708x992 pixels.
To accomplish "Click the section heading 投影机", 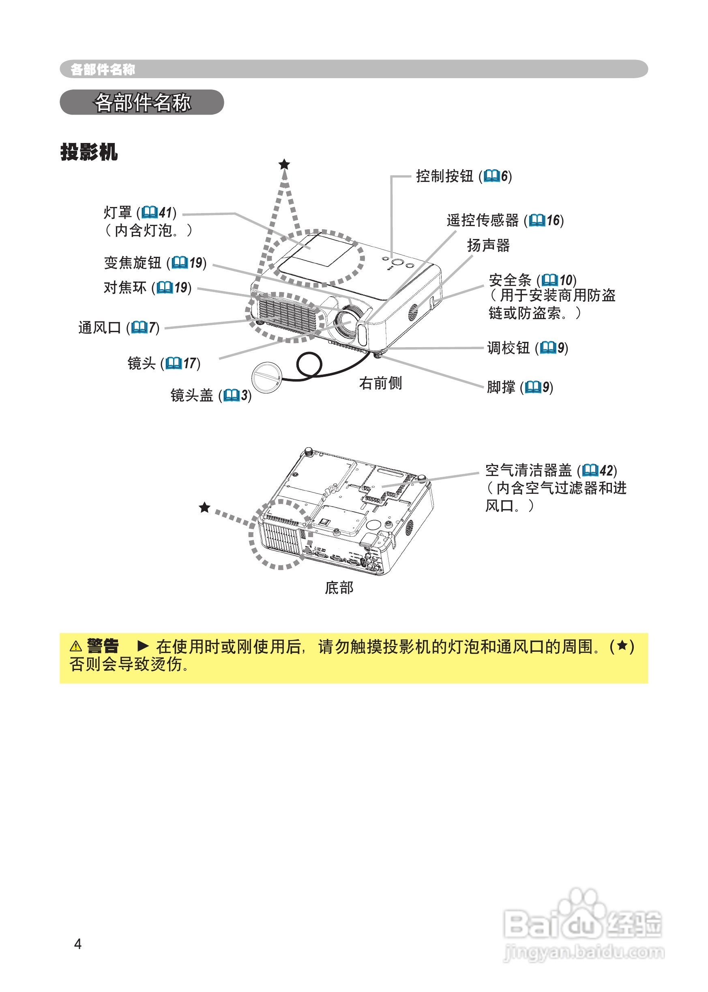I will (89, 152).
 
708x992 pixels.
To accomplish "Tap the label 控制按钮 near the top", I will (444, 176).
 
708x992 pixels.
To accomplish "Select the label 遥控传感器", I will (483, 220).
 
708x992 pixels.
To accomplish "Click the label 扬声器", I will (488, 245).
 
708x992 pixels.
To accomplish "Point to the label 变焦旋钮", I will (133, 262).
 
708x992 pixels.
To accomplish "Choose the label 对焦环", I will (125, 288).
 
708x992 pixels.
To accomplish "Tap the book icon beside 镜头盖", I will (231, 395).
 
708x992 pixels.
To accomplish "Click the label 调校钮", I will (508, 348).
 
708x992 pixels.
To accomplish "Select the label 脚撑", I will (501, 387).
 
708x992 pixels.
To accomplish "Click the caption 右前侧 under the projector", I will (380, 383).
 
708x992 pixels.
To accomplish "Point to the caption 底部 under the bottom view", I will (339, 587).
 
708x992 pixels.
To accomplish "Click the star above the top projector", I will (284, 164).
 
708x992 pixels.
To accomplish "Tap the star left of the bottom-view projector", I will (204, 507).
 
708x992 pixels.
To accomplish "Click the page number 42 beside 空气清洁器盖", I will (606, 470).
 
